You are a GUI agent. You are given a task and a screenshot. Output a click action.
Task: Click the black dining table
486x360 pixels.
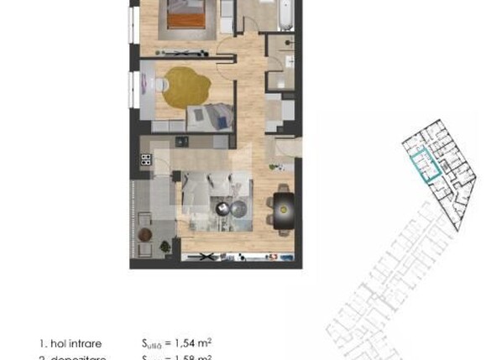[284, 204]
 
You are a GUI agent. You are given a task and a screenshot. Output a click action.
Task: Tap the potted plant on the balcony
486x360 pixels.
[165, 247]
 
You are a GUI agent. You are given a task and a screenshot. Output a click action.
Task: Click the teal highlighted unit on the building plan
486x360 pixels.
[425, 165]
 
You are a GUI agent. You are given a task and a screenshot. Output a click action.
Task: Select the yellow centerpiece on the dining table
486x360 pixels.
[284, 204]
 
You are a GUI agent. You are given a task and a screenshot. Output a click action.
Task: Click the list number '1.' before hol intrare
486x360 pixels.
[43, 343]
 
